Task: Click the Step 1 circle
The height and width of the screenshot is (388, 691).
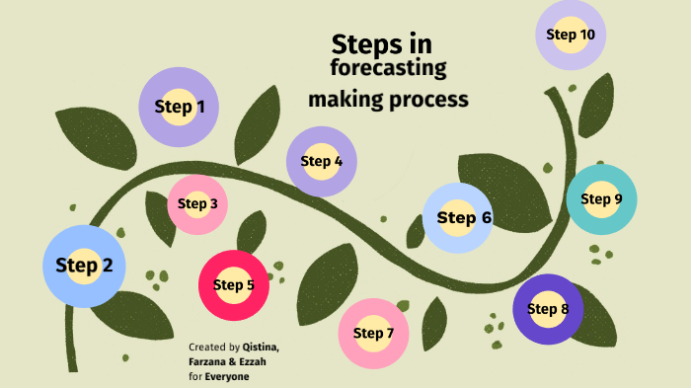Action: pos(179,108)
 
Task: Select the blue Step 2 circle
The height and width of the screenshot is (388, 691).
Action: pos(84,265)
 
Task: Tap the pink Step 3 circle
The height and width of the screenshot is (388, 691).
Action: pos(198,204)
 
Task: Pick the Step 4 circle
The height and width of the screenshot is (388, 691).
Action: pos(322,161)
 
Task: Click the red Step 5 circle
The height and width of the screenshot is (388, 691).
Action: pos(234,285)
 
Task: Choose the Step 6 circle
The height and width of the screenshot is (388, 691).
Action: pos(457,218)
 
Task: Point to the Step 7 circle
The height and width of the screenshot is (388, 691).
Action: pos(374,333)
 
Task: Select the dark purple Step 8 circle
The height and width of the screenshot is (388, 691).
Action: pos(548,309)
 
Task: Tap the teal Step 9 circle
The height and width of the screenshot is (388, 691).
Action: pos(601,199)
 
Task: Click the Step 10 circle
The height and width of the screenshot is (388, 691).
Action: pos(571,35)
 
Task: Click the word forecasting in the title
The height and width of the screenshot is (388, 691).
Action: pos(389,69)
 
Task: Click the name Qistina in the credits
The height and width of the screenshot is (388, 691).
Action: pos(261,348)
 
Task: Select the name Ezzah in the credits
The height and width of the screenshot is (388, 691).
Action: pos(253,362)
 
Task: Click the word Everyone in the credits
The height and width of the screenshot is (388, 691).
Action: pos(227,377)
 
